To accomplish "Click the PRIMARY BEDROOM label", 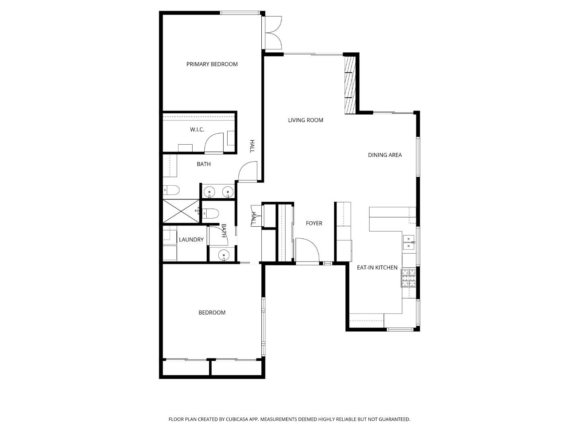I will coord(212,64).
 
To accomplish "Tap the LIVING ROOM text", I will coord(305,120).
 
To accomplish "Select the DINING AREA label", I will coord(385,155).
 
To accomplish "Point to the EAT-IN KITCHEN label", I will coord(377,268).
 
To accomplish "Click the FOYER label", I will coord(314,223).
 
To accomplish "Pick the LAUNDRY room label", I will coord(191,240).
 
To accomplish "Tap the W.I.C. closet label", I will coord(197,129).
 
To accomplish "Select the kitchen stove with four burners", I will coord(408,278).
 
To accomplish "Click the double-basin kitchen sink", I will coord(409,242).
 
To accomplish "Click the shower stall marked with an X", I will coord(181,211).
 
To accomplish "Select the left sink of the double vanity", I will coord(209,192).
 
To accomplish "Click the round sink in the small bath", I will coord(223,255).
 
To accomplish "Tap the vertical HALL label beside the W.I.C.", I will coord(252,146).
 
